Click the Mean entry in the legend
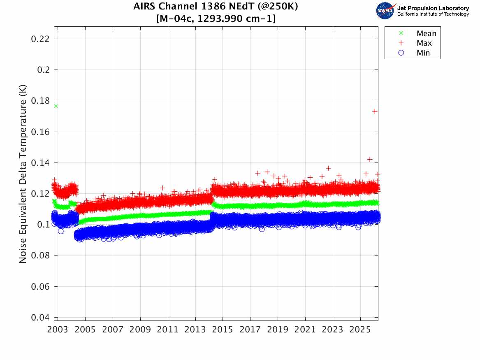tap(426, 34)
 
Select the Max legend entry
tap(424, 43)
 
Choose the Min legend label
tap(423, 53)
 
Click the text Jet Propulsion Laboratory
tap(433, 8)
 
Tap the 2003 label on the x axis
tap(58, 330)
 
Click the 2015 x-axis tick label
tap(223, 330)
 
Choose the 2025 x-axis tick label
tap(360, 330)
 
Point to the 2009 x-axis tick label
tap(141, 330)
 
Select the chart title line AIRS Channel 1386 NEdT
tap(216, 7)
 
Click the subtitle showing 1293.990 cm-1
tap(216, 19)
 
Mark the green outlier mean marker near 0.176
tap(56, 106)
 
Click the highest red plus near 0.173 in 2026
tap(375, 111)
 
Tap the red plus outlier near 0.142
tap(370, 159)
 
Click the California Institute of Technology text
tap(433, 14)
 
